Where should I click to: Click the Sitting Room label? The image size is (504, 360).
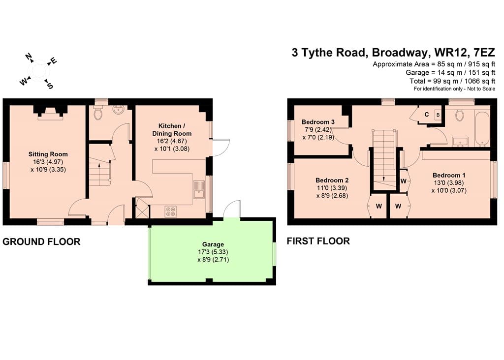pos(48,154)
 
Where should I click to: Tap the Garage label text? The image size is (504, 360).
pos(213,244)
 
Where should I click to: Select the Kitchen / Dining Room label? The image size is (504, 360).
pos(172,129)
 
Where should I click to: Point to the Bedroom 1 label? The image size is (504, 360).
pos(449,175)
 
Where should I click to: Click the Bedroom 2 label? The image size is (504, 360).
pos(332,180)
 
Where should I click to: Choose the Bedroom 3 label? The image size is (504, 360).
pos(318,121)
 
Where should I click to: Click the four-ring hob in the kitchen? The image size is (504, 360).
pos(171,211)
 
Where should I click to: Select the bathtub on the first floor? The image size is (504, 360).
pos(482,128)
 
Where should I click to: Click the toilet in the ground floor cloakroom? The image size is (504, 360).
pos(98,113)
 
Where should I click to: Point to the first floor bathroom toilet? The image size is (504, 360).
pos(460,115)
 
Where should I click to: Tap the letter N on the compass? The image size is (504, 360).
pos(29,57)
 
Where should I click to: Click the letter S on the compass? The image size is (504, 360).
pos(50,86)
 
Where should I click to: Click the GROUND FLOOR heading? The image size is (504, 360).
pos(41,241)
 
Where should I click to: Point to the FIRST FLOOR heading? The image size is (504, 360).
pos(318,241)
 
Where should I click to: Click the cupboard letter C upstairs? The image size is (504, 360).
pos(427,114)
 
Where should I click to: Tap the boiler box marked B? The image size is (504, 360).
pos(438,115)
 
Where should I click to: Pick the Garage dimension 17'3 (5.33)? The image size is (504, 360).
pos(213,252)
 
